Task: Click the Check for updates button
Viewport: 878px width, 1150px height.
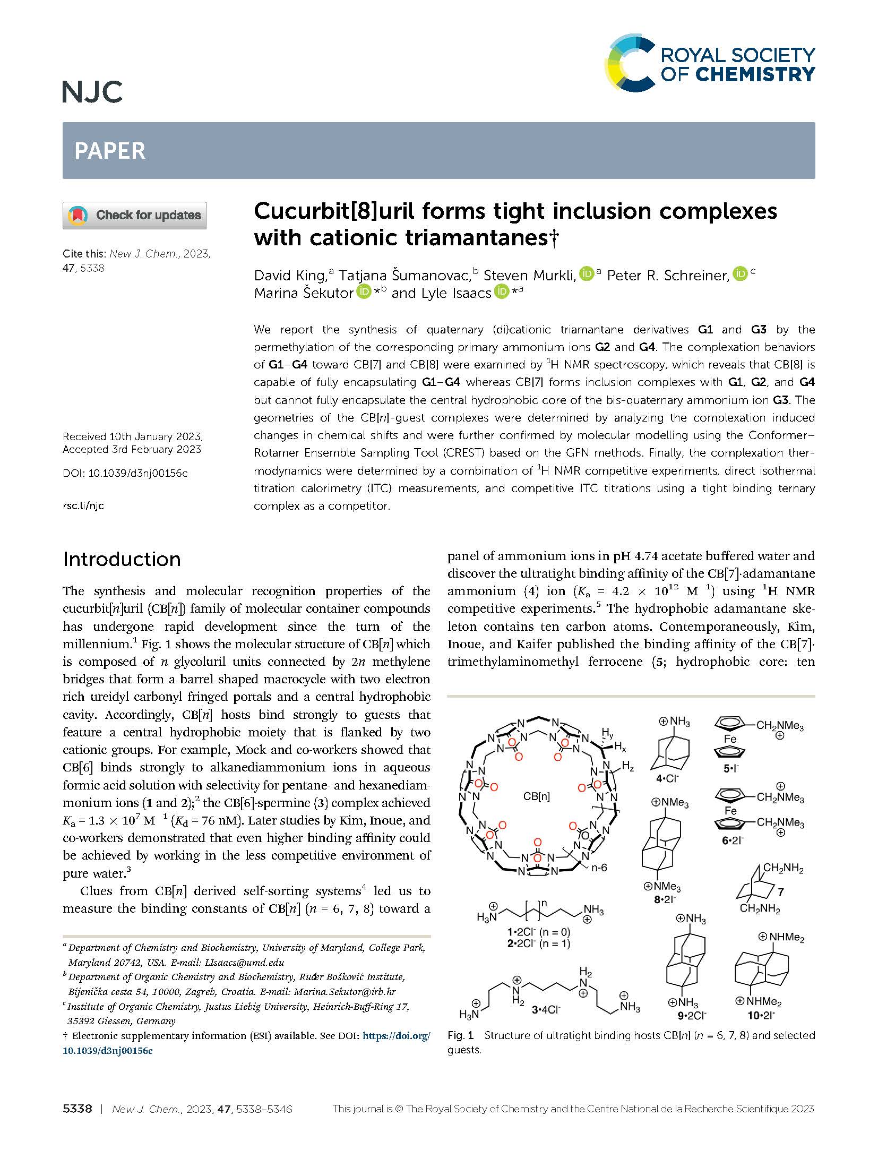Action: [x=134, y=215]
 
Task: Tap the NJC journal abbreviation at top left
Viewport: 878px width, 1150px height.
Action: [x=92, y=92]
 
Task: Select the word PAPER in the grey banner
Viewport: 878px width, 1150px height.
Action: [x=110, y=151]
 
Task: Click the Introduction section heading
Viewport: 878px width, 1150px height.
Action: [x=122, y=559]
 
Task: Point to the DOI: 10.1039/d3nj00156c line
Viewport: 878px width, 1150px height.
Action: [x=125, y=473]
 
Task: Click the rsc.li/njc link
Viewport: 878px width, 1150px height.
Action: [x=83, y=505]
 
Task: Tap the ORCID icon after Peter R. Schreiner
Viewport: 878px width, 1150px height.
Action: [x=739, y=274]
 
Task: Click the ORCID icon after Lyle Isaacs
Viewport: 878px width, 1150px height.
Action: [x=501, y=291]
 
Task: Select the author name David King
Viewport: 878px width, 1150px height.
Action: [x=289, y=275]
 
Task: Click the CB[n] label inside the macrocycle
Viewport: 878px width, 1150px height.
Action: [x=536, y=796]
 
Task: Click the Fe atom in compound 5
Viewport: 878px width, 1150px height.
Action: [x=730, y=739]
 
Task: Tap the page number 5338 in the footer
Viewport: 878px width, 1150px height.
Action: [x=78, y=1109]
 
